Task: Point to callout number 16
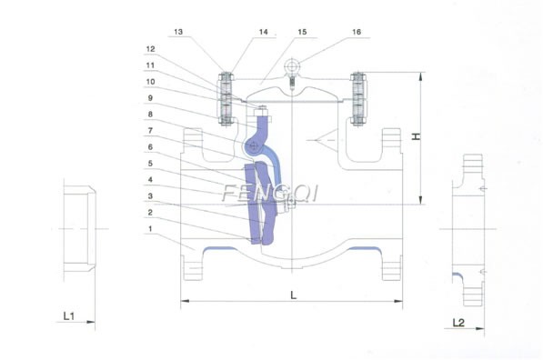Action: [x=356, y=30]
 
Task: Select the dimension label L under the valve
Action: [x=292, y=295]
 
